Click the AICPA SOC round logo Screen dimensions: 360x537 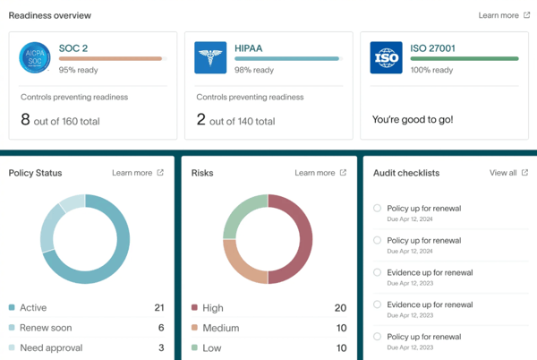(x=36, y=57)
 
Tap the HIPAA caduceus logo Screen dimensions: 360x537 (x=210, y=57)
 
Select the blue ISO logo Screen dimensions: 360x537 (x=386, y=57)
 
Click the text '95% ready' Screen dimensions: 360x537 (x=79, y=70)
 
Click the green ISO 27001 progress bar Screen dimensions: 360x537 (x=464, y=58)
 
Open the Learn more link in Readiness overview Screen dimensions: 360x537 (x=504, y=15)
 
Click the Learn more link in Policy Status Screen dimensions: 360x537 (x=137, y=173)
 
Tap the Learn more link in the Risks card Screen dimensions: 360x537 (x=320, y=173)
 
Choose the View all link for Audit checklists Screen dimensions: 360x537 (x=507, y=173)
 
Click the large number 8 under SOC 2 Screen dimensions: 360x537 (x=25, y=119)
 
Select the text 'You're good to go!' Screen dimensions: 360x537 (x=413, y=119)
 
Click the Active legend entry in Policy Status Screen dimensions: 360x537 (x=33, y=308)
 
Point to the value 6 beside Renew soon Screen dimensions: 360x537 (x=161, y=328)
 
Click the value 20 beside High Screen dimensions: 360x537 (x=340, y=308)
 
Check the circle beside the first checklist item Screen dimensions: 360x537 (x=378, y=209)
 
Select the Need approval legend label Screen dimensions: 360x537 (x=51, y=347)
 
